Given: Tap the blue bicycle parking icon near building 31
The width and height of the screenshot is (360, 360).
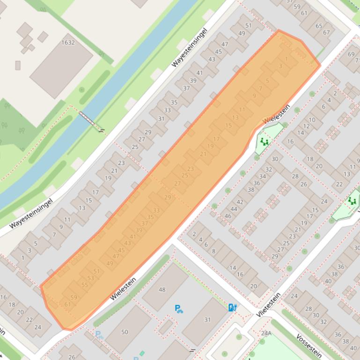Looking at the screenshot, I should (x=178, y=309).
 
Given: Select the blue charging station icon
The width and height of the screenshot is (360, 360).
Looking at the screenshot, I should (x=232, y=307).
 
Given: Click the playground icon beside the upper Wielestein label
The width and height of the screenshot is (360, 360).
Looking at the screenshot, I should (x=264, y=141).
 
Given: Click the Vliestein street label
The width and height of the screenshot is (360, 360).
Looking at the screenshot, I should (x=269, y=305).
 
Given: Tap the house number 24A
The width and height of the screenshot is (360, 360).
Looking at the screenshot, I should (x=266, y=333).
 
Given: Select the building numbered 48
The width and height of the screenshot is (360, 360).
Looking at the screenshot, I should (x=162, y=290).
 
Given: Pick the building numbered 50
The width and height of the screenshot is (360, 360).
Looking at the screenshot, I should (x=125, y=332).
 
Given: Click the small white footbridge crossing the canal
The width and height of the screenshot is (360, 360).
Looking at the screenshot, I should (x=89, y=120).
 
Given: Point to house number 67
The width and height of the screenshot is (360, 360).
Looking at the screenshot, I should (x=326, y=32).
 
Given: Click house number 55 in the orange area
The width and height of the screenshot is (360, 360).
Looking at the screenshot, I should (x=85, y=285).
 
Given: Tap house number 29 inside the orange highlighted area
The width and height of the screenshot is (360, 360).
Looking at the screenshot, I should (x=168, y=197).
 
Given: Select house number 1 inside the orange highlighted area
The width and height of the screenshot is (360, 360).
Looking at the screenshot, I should (x=286, y=59).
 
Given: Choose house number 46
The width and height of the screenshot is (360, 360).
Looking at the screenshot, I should (x=228, y=216).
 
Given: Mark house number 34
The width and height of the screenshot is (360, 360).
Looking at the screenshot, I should (x=263, y=176).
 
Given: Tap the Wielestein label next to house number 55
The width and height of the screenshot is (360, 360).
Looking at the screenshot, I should (x=123, y=288).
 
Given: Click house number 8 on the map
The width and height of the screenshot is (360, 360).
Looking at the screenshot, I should (x=213, y=251).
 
